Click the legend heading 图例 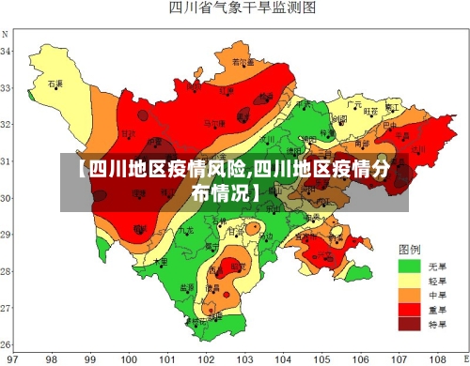409,251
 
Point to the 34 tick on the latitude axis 7,52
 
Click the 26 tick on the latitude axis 7,343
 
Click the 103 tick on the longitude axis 243,358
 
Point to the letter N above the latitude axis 7,34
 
